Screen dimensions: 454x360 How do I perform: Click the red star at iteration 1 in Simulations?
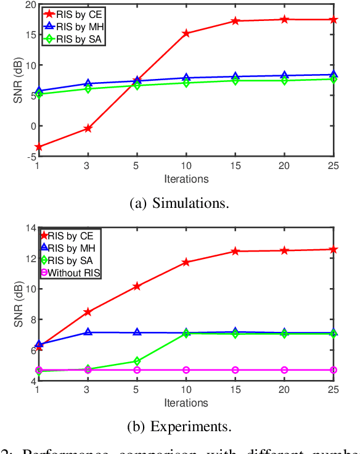[x=38, y=147]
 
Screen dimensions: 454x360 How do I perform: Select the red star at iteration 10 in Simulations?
[x=186, y=33]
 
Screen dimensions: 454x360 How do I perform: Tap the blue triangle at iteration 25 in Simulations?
[x=333, y=75]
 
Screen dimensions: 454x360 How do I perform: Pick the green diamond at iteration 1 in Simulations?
[x=38, y=94]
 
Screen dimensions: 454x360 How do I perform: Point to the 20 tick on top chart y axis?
[x=30, y=4]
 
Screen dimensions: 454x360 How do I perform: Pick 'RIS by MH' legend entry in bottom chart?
[x=69, y=248]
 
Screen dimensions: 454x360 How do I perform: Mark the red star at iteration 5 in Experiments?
[x=137, y=286]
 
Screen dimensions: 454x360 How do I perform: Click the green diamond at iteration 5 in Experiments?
[x=137, y=361]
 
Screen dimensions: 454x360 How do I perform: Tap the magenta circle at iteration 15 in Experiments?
[x=235, y=370]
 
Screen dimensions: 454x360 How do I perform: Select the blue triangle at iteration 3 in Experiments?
[x=88, y=332]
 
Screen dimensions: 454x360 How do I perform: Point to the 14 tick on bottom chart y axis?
[x=30, y=228]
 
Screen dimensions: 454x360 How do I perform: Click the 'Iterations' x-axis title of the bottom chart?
[x=186, y=403]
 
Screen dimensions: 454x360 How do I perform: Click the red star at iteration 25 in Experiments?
[x=333, y=249]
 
